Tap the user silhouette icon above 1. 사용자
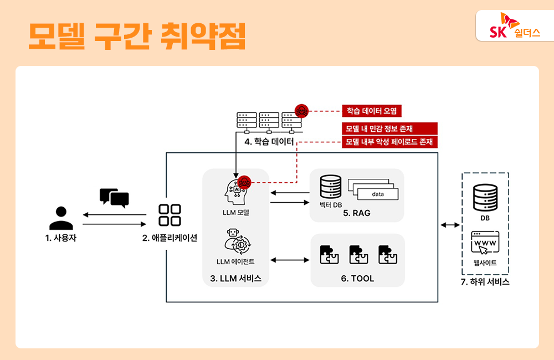pyautogui.click(x=61, y=218)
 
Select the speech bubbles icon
pyautogui.click(x=114, y=198)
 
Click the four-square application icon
pyautogui.click(x=170, y=215)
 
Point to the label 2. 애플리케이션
pyautogui.click(x=170, y=238)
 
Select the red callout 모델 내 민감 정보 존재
pyautogui.click(x=389, y=128)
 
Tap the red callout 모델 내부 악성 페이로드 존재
pyautogui.click(x=389, y=142)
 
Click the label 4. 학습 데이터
pyautogui.click(x=269, y=142)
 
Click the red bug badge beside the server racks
pyautogui.click(x=301, y=111)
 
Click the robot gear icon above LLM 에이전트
pyautogui.click(x=237, y=242)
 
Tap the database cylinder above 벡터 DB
pyautogui.click(x=330, y=187)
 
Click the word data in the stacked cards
pyautogui.click(x=378, y=194)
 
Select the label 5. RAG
pyautogui.click(x=357, y=213)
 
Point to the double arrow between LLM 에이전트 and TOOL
pyautogui.click(x=290, y=260)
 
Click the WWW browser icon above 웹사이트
pyautogui.click(x=484, y=243)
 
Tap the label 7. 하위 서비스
pyautogui.click(x=485, y=282)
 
